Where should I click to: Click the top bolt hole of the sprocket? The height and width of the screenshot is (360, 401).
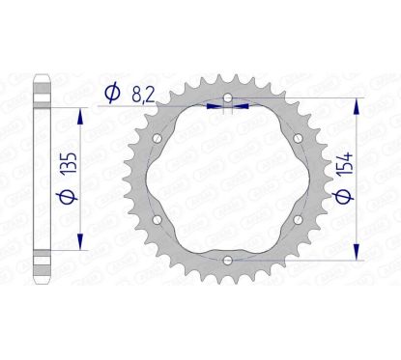pos(225,97)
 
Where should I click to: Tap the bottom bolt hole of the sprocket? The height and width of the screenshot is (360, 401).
pos(225,260)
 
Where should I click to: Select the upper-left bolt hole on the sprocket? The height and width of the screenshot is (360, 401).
pos(155,138)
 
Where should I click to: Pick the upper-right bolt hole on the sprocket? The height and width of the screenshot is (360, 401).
pos(296,138)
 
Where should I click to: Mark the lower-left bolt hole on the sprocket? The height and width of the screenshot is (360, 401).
pos(155,219)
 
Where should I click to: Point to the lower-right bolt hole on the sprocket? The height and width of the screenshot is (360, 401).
pos(296,219)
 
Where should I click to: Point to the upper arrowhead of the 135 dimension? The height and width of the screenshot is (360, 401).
pos(80,112)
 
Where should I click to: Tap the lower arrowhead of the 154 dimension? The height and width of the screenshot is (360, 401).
pos(361,254)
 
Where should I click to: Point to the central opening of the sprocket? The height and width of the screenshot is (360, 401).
pos(225,179)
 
